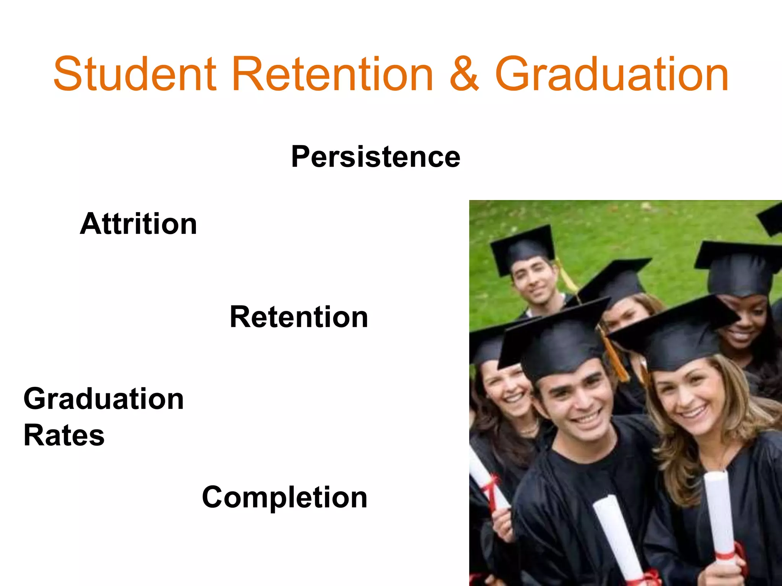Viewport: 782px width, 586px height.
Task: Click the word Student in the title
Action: (135, 74)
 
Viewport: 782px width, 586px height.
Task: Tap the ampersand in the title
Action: (464, 74)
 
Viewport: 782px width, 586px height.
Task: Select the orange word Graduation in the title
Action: (612, 74)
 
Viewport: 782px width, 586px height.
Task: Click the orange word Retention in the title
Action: (332, 74)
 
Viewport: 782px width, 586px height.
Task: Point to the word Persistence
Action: (376, 157)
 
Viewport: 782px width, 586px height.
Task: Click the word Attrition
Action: (138, 224)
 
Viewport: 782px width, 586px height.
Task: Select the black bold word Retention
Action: (299, 317)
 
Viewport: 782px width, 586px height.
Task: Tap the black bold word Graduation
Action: (103, 399)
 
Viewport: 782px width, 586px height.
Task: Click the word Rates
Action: (64, 436)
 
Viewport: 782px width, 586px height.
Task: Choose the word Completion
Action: (284, 497)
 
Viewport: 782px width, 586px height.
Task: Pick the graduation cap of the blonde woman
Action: (676, 336)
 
